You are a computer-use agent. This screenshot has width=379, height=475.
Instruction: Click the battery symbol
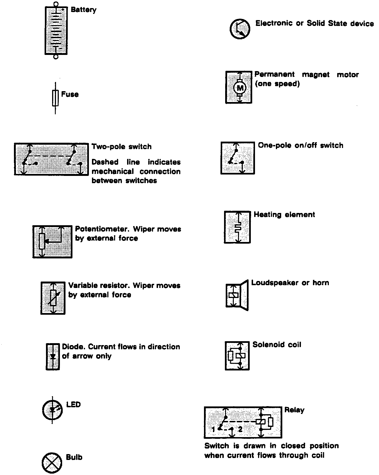56,31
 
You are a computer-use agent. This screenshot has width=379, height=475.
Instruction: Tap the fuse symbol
55,98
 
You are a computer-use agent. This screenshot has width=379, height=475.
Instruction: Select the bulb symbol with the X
52,462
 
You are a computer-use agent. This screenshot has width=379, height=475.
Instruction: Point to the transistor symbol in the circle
240,29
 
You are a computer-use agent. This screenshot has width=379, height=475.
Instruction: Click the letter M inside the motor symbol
240,88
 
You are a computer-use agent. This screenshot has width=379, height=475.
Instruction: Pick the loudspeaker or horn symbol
237,295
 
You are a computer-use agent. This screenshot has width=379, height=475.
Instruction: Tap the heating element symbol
237,227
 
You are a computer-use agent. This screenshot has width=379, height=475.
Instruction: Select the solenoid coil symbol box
237,356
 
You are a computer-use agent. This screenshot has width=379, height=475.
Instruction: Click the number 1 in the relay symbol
213,430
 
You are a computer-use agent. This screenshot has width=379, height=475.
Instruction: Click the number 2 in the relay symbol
240,430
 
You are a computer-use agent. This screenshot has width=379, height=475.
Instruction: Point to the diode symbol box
53,357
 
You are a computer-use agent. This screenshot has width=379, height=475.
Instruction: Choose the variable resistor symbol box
53,298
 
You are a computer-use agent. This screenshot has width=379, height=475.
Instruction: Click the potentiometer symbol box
52,241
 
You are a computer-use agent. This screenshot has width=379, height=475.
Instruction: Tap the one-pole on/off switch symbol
238,158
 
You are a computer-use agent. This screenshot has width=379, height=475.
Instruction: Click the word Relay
294,410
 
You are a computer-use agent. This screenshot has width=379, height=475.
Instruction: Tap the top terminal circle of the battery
56,4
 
